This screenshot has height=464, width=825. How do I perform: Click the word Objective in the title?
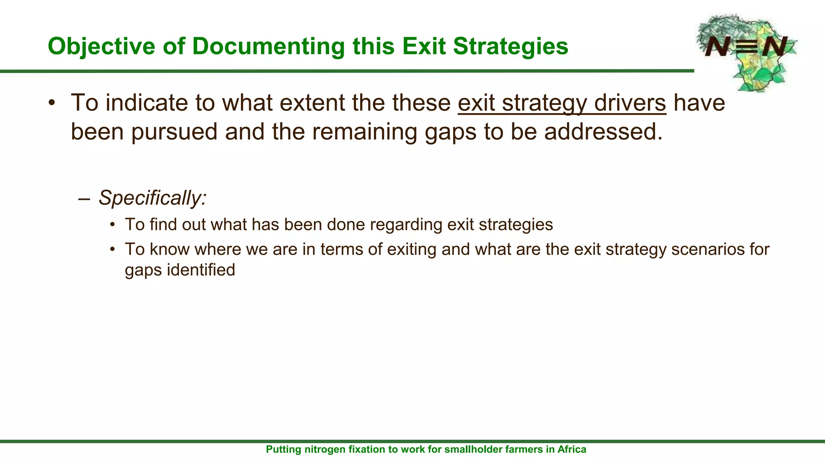101,46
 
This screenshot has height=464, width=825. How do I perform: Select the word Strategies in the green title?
510,46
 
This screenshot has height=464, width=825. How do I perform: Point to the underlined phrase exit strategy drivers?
562,103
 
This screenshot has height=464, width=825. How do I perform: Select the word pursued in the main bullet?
174,132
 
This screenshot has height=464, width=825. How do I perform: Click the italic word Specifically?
152,198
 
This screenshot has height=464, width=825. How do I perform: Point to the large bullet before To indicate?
51,104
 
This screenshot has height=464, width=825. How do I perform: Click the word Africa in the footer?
572,449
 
